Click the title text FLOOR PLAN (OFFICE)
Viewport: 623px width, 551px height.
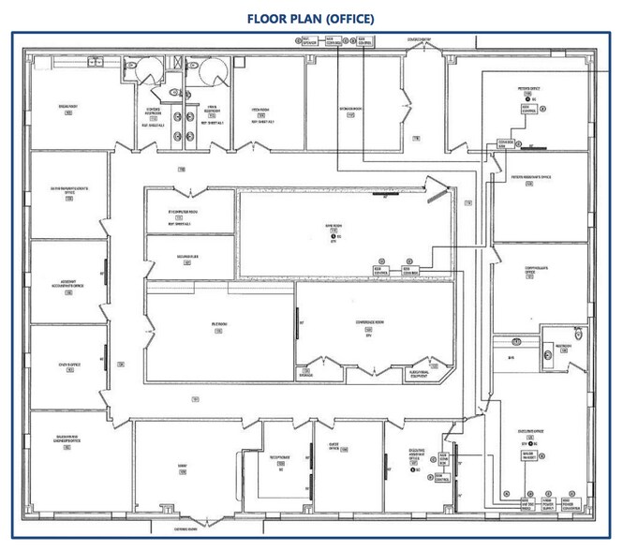click(x=310, y=18)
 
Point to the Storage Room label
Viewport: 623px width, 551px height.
click(x=351, y=109)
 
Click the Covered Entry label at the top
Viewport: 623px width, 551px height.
click(x=420, y=40)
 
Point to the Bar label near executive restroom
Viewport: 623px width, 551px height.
click(x=512, y=357)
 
